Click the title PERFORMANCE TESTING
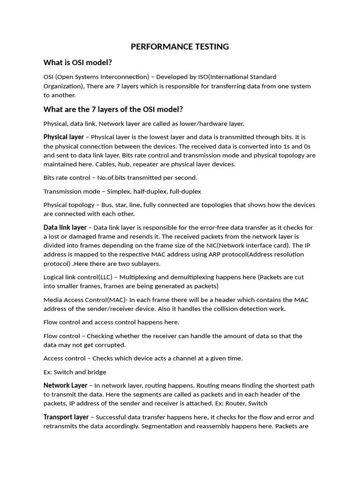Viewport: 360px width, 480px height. click(x=180, y=46)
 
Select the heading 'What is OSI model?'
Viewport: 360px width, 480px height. click(x=77, y=63)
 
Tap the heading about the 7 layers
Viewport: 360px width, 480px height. click(x=113, y=109)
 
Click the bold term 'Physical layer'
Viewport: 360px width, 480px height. click(x=63, y=137)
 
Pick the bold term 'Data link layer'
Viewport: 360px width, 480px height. click(x=65, y=227)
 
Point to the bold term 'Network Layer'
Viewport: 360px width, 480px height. click(x=65, y=385)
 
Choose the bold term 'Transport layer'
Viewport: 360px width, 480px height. click(x=66, y=417)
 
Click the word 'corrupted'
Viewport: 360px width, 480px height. click(x=109, y=345)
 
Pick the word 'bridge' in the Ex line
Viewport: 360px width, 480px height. click(x=96, y=372)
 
